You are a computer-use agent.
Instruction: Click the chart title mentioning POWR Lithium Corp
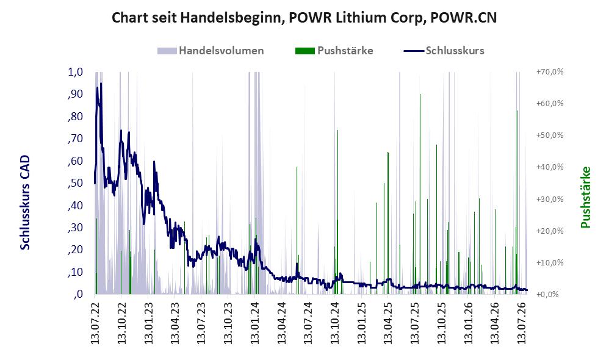pos(304,18)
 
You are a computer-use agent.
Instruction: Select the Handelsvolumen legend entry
pos(211,51)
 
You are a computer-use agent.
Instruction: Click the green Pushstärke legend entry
pos(334,51)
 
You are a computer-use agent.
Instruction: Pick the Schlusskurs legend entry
pos(444,51)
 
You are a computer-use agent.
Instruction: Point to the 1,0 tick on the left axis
pos(75,72)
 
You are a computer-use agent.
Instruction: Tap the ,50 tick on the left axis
pos(75,183)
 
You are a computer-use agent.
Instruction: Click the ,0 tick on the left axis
pos(77,294)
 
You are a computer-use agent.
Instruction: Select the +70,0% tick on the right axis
pos(550,72)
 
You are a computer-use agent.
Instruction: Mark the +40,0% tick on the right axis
pos(550,167)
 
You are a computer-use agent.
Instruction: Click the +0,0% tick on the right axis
pos(547,294)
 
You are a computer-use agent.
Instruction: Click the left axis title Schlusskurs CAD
pos(25,203)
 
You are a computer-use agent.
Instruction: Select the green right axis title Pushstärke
pos(586,197)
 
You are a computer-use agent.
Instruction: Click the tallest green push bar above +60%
pos(420,194)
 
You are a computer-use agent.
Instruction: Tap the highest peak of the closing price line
pos(101,83)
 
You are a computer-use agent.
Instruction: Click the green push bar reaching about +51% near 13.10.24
pos(338,212)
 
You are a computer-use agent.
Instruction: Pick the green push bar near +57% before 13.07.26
pos(517,203)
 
